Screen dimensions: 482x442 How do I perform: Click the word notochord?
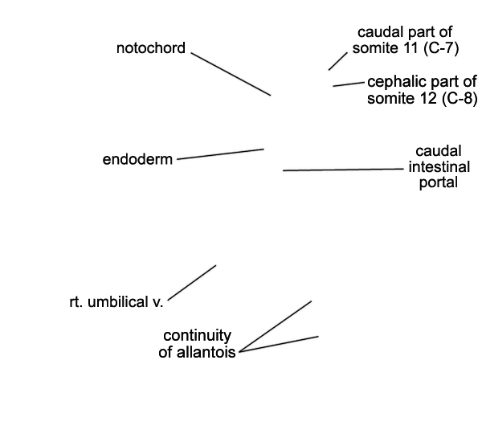click(151, 48)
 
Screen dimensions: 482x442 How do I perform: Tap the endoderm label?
click(137, 159)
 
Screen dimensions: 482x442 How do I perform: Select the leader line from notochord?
click(231, 74)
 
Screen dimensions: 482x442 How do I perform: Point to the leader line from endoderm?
click(220, 154)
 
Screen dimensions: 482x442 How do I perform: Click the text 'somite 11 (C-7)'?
click(406, 48)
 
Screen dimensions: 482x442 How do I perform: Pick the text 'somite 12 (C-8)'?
click(423, 98)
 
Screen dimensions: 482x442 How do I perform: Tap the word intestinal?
click(439, 167)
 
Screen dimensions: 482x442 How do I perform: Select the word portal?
click(439, 182)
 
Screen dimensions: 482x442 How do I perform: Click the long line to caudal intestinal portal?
click(343, 170)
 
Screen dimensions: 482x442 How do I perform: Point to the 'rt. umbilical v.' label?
click(116, 302)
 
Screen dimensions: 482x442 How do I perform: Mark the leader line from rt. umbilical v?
click(192, 282)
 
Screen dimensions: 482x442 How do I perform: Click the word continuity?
click(197, 336)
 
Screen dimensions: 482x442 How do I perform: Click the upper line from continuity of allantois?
click(275, 326)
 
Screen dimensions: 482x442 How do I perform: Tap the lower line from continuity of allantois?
click(279, 344)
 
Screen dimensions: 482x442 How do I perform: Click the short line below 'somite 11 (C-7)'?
click(338, 61)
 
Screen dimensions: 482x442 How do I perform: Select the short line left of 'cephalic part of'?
click(349, 84)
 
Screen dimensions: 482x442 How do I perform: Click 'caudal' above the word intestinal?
click(439, 151)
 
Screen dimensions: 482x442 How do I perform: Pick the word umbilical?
click(118, 302)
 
